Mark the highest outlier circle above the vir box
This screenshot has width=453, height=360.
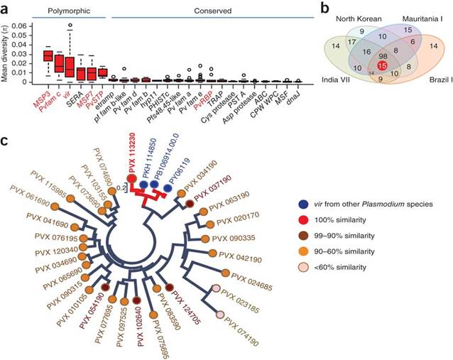70,25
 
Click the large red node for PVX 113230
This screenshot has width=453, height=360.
131,180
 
